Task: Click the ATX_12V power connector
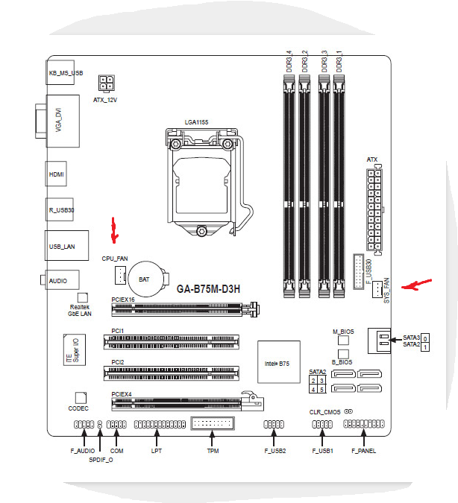[106, 82]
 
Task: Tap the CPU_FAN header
[119, 276]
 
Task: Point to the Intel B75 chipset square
[279, 364]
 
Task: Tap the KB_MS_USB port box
[63, 73]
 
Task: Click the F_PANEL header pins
[363, 425]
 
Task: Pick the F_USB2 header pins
[274, 425]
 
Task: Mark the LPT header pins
[159, 425]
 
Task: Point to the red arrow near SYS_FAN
[416, 285]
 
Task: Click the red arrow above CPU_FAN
[114, 231]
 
